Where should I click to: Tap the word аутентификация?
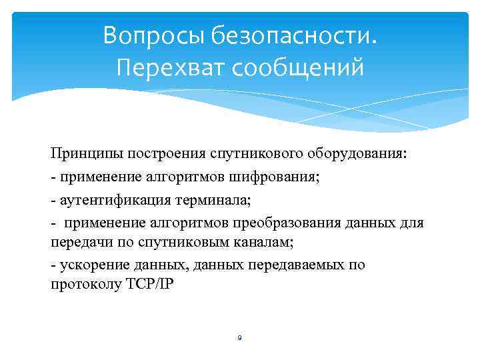click(x=110, y=199)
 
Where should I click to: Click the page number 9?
click(x=239, y=338)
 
